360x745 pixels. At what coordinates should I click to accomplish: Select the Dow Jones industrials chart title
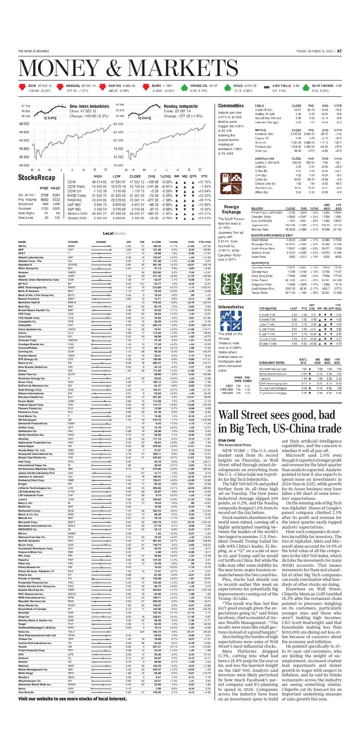click(89, 106)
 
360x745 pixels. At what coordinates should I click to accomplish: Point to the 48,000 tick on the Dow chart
click(24, 124)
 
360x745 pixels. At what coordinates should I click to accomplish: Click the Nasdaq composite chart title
click(181, 106)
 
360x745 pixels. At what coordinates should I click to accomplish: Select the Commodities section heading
click(231, 106)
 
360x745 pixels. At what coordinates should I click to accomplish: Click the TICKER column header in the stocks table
click(73, 242)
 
